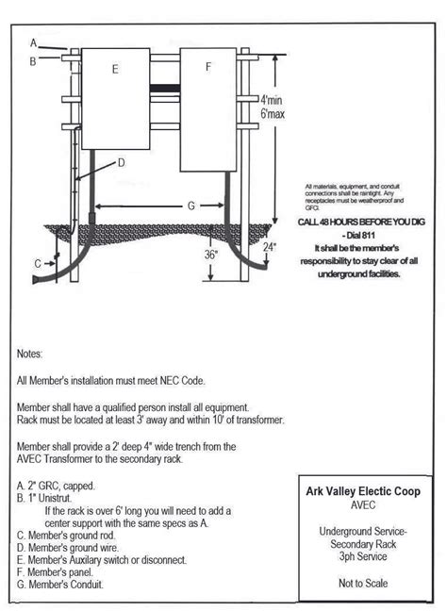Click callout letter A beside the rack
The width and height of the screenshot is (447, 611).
(33, 43)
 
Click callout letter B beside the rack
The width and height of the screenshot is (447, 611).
(33, 61)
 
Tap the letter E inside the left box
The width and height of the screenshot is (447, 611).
(114, 68)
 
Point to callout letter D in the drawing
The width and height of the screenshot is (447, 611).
(122, 162)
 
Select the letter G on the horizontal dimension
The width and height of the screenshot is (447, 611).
(191, 205)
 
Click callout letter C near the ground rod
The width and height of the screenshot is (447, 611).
(37, 264)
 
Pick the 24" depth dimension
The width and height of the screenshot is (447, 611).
(271, 248)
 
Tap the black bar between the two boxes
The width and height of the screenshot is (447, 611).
(164, 90)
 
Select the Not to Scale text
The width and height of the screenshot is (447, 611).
(363, 584)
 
